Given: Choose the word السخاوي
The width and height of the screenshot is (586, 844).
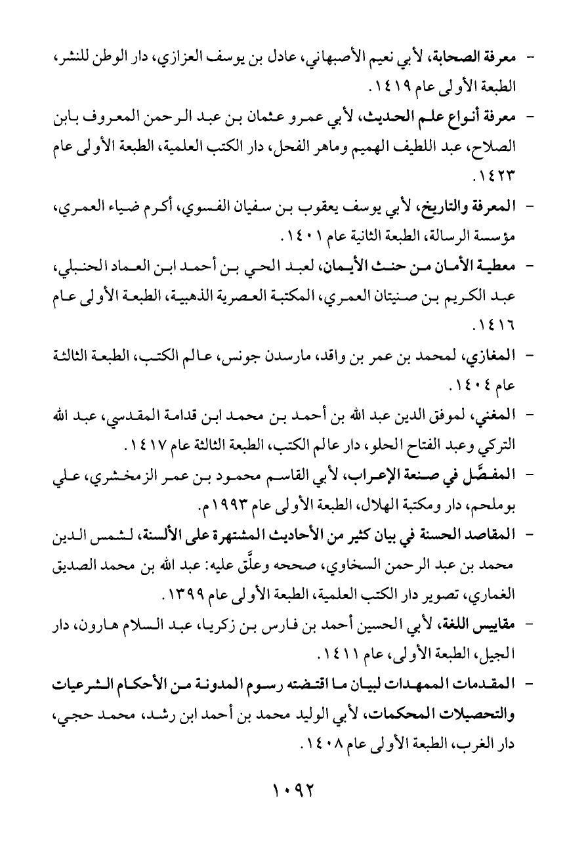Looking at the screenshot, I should (x=343, y=564).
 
